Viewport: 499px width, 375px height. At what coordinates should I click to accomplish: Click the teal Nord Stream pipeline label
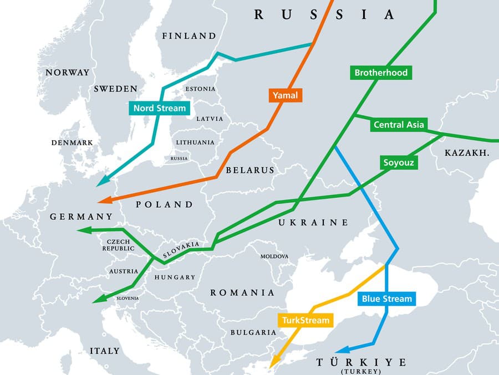[x=159, y=107]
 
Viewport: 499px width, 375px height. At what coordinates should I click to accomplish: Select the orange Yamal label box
[x=286, y=95]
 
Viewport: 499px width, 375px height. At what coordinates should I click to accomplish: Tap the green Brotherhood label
[x=381, y=73]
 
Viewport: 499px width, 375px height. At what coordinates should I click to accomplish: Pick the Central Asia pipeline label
[x=399, y=125]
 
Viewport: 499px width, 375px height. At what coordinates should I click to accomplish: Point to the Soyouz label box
[x=399, y=163]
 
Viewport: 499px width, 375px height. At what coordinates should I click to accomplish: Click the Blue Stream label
[x=387, y=299]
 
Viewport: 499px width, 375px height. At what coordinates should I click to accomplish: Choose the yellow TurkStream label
[x=305, y=320]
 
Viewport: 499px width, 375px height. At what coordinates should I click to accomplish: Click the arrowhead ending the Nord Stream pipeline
[x=101, y=182]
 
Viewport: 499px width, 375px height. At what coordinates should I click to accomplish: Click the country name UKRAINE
[x=313, y=223]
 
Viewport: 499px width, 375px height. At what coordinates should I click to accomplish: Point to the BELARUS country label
[x=249, y=170]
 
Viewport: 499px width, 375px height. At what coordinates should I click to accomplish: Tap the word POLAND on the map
[x=164, y=204]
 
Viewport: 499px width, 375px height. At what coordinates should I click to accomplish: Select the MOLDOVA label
[x=274, y=256]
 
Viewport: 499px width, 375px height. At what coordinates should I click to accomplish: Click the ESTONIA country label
[x=201, y=89]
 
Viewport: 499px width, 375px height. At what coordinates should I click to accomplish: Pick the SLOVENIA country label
[x=128, y=298]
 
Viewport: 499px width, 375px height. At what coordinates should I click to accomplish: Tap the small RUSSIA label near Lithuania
[x=179, y=158]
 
